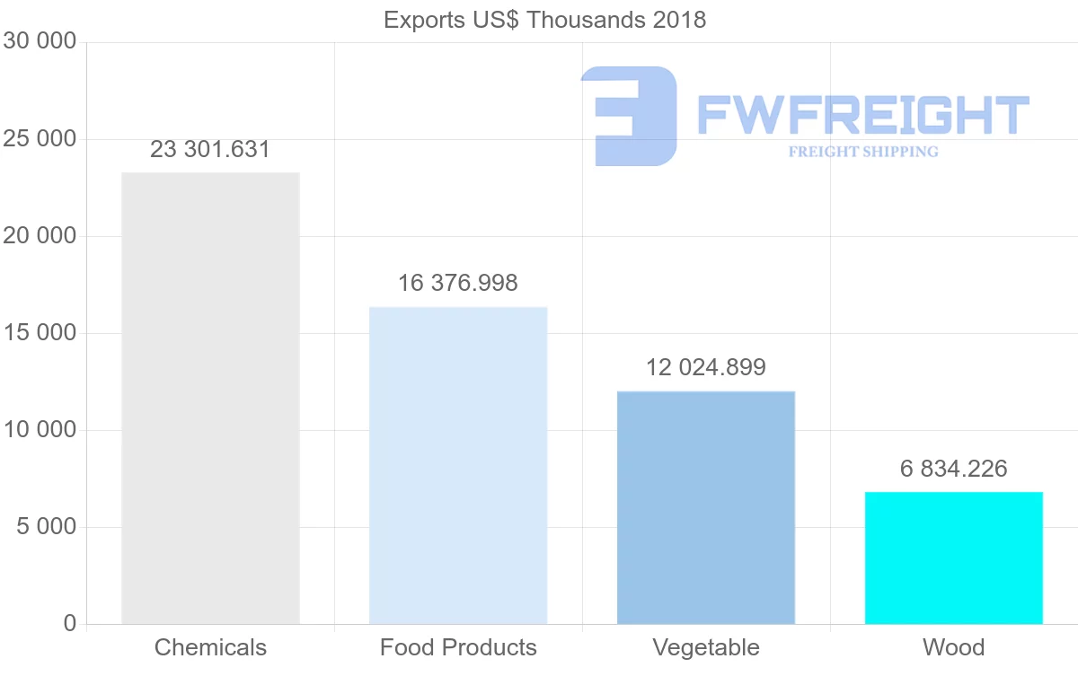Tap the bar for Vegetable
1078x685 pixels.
click(x=706, y=507)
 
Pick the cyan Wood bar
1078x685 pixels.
click(x=954, y=558)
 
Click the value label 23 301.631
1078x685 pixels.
click(x=210, y=150)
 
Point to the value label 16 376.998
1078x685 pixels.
click(x=458, y=284)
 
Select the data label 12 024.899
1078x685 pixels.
click(x=706, y=367)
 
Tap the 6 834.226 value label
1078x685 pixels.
click(x=954, y=469)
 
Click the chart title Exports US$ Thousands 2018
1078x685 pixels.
click(x=544, y=20)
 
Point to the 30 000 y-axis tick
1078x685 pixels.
click(x=39, y=41)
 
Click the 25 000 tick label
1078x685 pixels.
click(x=39, y=139)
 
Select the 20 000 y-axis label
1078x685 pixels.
click(x=39, y=236)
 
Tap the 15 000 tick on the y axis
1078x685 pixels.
click(x=39, y=333)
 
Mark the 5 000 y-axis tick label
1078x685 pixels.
click(x=46, y=527)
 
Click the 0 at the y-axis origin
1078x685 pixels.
click(x=70, y=624)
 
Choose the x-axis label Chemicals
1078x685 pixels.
click(x=210, y=647)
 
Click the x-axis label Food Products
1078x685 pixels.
click(x=458, y=647)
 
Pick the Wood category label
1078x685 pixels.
click(x=954, y=647)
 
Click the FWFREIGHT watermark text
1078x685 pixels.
click(x=862, y=115)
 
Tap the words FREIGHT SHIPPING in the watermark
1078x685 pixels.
click(x=863, y=152)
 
